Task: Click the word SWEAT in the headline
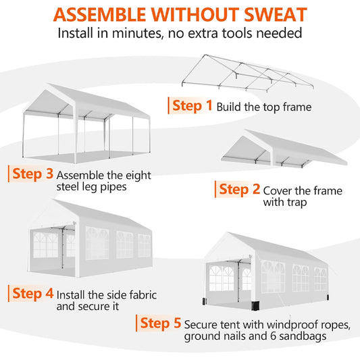(276, 15)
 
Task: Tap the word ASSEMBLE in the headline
(100, 15)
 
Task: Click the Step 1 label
(192, 105)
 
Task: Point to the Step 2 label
(240, 189)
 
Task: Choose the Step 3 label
(33, 174)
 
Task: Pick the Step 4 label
(33, 293)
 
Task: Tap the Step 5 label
(161, 323)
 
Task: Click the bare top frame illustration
(247, 74)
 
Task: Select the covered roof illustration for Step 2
(284, 149)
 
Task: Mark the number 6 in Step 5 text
(274, 336)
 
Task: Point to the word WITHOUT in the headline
(195, 15)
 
